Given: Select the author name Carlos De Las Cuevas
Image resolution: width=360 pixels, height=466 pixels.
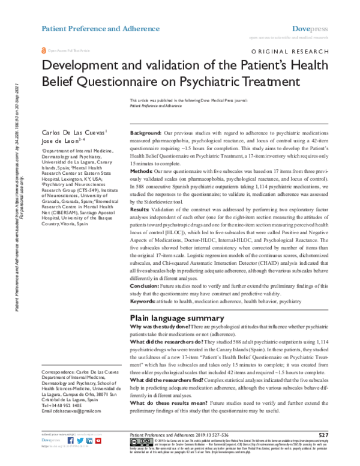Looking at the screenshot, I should tap(73, 132).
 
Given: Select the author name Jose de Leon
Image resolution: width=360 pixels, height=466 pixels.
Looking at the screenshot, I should tap(62, 140).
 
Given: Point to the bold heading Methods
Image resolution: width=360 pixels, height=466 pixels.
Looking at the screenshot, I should tap(142, 171).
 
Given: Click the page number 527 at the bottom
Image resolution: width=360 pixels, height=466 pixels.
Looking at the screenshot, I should tap(323, 435).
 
